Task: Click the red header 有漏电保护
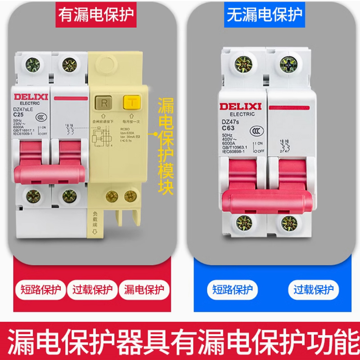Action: [95, 15]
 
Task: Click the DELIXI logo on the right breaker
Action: [241, 106]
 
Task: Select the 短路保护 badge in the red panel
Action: [40, 289]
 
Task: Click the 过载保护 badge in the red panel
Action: [92, 289]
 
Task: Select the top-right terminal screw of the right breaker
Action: [288, 64]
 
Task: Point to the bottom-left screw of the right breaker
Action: [243, 223]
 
